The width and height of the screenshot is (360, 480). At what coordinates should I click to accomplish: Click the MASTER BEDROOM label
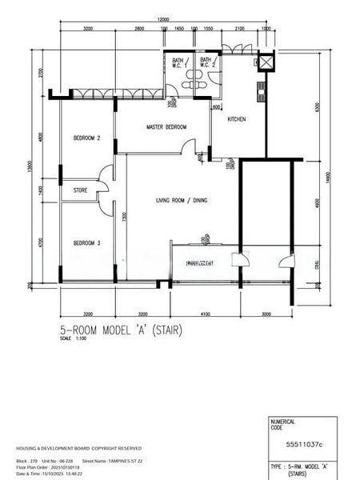(166, 127)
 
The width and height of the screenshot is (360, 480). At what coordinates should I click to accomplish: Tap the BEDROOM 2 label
(86, 138)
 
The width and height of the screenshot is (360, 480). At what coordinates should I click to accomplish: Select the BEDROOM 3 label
(86, 243)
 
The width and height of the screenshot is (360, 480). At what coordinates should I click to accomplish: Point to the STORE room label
(80, 190)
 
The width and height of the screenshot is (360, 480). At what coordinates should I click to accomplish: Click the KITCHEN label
(237, 119)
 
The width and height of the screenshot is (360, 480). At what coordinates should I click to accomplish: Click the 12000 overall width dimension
(163, 18)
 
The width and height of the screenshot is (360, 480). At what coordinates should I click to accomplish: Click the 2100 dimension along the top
(239, 28)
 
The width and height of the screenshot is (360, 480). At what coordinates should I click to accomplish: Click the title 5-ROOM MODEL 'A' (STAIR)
(121, 329)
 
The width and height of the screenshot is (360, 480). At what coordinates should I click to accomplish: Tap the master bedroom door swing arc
(189, 146)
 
